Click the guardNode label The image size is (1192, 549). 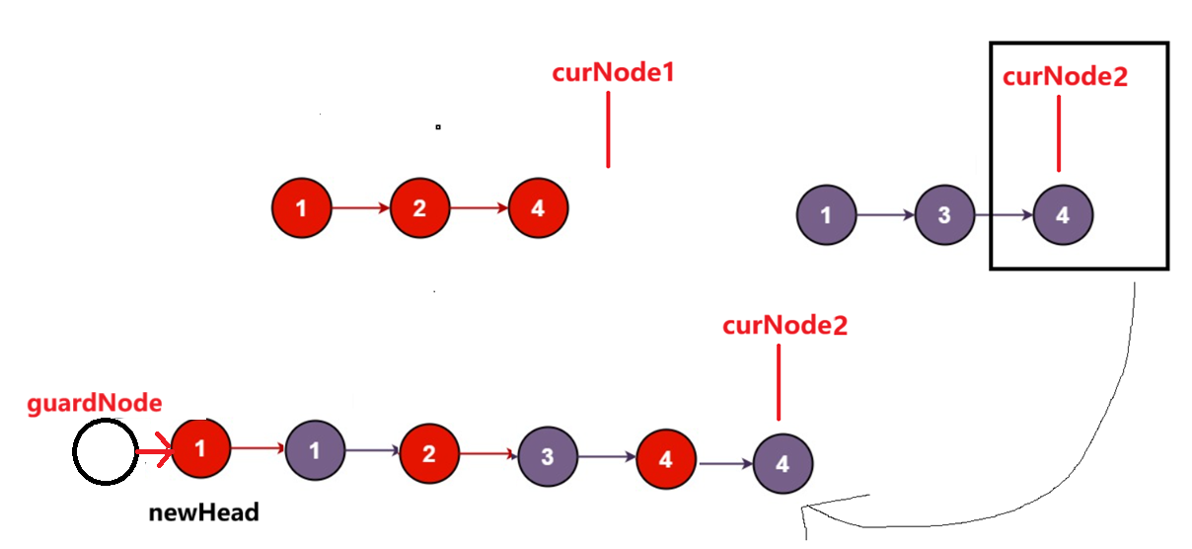(94, 403)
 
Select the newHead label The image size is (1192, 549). (203, 512)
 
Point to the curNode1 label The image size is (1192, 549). (613, 73)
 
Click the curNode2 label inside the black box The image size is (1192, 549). (1065, 78)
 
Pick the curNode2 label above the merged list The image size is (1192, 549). (784, 326)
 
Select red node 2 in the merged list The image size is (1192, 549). (428, 453)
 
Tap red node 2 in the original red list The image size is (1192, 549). (419, 208)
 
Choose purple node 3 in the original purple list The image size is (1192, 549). (944, 214)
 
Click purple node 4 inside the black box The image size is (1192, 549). (1063, 214)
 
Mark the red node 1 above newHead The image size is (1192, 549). (200, 449)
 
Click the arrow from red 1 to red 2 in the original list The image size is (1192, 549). (361, 208)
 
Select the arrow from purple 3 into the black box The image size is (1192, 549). (1004, 214)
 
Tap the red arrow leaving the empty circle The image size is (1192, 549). (153, 454)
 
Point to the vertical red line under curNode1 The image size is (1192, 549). (608, 128)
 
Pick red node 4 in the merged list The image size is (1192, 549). (665, 458)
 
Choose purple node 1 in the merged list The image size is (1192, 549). (315, 451)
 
